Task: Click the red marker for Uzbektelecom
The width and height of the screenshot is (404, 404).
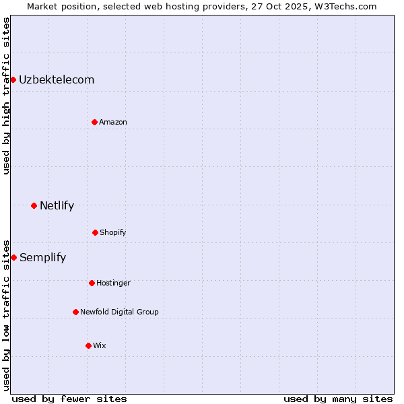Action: click(13, 80)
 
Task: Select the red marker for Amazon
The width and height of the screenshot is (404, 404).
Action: click(94, 122)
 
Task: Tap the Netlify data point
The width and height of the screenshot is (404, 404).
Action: click(34, 205)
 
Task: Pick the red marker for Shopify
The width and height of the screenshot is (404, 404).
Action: click(95, 232)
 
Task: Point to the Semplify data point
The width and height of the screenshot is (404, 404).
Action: click(13, 257)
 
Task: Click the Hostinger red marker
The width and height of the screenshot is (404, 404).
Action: click(92, 283)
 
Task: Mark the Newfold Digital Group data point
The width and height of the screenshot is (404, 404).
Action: click(75, 312)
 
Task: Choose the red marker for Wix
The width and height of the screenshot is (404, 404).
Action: click(88, 345)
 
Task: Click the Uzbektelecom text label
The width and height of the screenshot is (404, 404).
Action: click(57, 80)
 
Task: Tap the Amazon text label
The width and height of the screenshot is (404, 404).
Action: click(113, 122)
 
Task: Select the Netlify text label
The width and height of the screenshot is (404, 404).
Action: click(57, 205)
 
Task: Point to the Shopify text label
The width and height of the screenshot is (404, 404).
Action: click(113, 232)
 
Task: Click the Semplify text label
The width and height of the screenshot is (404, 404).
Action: click(42, 257)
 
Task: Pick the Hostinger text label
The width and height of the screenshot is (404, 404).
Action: click(113, 283)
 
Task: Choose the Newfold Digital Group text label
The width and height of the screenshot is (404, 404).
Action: click(119, 312)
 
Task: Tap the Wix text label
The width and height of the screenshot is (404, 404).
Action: click(100, 345)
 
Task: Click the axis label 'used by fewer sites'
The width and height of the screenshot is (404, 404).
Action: click(69, 399)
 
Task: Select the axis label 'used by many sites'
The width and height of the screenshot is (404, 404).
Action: click(338, 399)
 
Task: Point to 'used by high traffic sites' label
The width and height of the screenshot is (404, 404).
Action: click(6, 96)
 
